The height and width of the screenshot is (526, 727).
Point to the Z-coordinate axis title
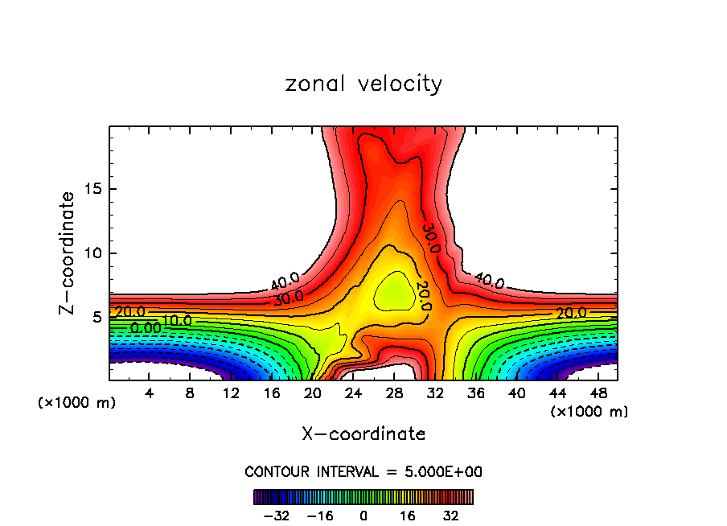[x=70, y=253]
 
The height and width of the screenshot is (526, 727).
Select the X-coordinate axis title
[x=363, y=434]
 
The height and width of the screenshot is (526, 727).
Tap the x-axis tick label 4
[x=150, y=393]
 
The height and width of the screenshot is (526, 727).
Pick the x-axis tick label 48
[x=598, y=393]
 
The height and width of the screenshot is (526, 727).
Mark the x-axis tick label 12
[x=231, y=393]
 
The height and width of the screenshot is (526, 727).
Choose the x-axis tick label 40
[x=516, y=393]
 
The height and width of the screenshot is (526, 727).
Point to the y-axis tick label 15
[x=93, y=189]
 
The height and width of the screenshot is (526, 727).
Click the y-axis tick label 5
[x=97, y=317]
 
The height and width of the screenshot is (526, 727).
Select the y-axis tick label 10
[x=93, y=253]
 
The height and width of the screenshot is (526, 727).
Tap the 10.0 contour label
[x=177, y=322]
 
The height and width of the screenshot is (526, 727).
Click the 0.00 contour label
[x=146, y=328]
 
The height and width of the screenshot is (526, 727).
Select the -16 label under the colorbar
[x=321, y=516]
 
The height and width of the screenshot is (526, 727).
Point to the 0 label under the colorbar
[x=363, y=516]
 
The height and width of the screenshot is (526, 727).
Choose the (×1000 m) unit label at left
[x=77, y=403]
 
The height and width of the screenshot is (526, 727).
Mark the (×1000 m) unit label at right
[x=589, y=412]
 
